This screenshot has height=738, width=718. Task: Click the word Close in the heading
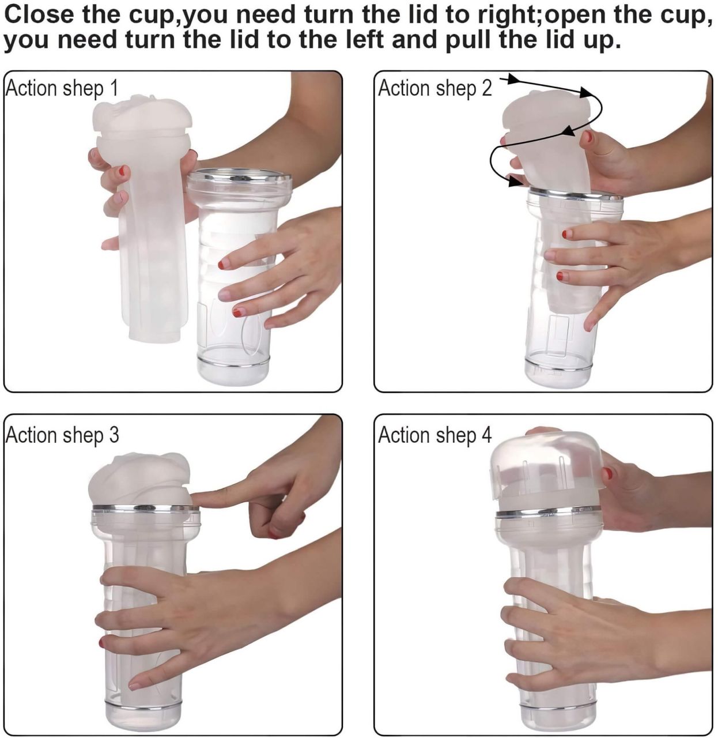[39, 14]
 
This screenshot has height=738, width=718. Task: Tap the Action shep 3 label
[62, 435]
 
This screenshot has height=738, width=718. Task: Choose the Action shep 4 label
[435, 435]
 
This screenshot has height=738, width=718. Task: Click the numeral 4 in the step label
[486, 435]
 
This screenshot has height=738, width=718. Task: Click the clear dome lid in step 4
[546, 471]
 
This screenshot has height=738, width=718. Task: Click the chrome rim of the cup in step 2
[576, 195]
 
